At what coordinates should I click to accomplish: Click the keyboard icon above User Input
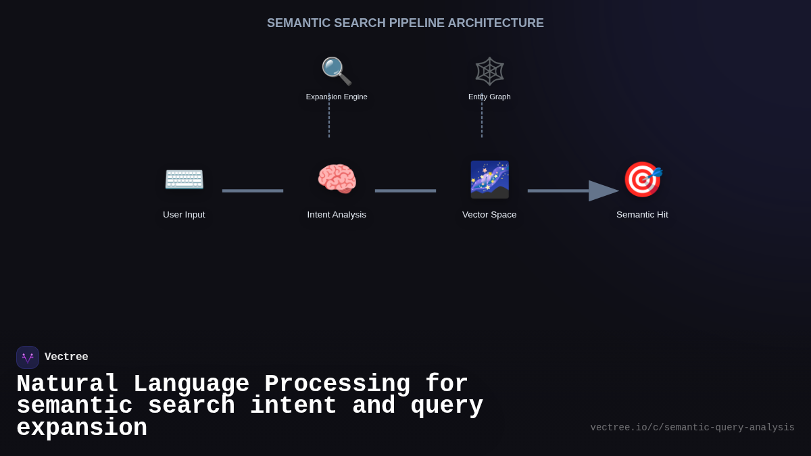(x=184, y=180)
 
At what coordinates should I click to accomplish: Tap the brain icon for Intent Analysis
(x=337, y=180)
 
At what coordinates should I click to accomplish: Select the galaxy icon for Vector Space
(x=489, y=180)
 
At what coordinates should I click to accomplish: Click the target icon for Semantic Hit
(x=642, y=180)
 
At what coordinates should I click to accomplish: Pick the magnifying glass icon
(x=337, y=71)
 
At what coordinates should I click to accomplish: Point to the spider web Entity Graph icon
(x=489, y=71)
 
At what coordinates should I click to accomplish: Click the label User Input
(x=184, y=215)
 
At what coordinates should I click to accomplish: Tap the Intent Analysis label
(x=337, y=215)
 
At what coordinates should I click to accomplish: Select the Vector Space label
(x=489, y=215)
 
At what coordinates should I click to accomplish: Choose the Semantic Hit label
(x=642, y=215)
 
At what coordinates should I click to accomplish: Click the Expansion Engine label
(x=337, y=97)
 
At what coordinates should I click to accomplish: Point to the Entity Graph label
(x=489, y=97)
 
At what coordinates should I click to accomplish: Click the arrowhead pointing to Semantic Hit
(x=603, y=191)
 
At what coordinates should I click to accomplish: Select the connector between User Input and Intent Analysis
(x=253, y=191)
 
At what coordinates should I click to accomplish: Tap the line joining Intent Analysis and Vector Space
(x=405, y=191)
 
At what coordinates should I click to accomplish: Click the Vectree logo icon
(x=28, y=357)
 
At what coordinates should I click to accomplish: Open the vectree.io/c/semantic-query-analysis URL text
(x=692, y=428)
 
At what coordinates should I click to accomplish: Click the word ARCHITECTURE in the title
(x=495, y=23)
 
